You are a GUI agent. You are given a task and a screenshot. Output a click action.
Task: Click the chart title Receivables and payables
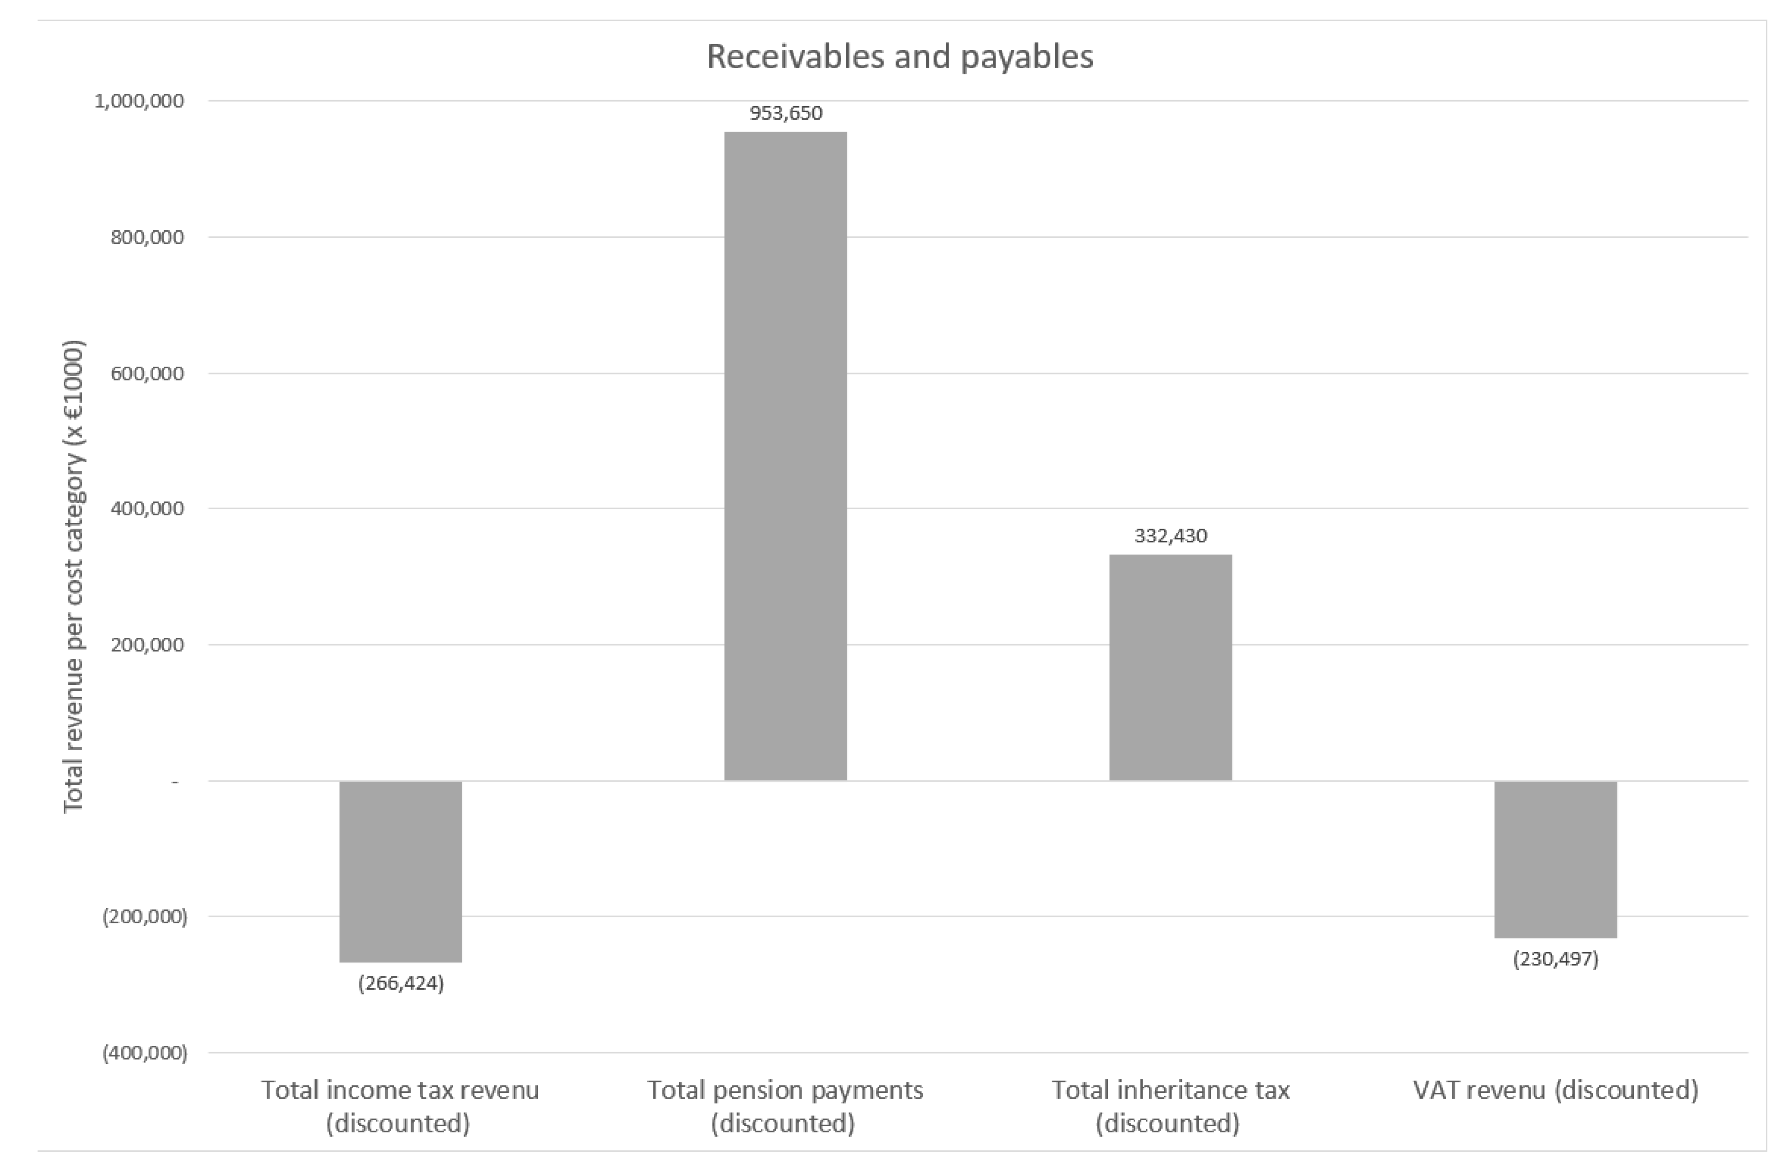(900, 57)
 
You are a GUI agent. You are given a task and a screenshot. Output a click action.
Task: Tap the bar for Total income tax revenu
(401, 871)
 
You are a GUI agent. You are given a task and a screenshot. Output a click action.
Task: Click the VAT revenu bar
(1555, 859)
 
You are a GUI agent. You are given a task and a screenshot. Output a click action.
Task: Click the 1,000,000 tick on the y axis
(139, 101)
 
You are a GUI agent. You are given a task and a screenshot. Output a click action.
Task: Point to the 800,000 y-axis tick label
(147, 238)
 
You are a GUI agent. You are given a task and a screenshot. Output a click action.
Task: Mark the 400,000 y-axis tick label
(147, 509)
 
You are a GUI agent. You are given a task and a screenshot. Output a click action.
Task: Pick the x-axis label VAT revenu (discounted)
(1555, 1090)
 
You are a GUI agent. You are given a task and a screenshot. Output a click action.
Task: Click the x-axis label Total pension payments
(784, 1106)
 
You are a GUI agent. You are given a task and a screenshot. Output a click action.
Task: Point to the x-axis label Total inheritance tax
(1170, 1106)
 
